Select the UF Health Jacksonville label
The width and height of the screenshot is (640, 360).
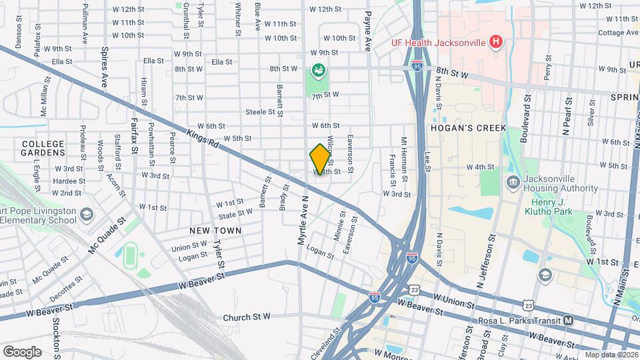[x=438, y=43]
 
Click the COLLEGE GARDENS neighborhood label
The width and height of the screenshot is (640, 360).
[x=43, y=148]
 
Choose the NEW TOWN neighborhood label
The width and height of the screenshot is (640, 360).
[x=215, y=230]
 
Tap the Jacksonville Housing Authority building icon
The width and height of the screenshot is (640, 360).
[x=513, y=183]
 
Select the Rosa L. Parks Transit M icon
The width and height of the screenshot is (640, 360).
[x=569, y=321]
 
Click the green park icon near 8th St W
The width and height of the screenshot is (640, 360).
[x=319, y=69]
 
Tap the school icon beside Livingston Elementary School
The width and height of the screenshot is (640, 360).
[x=86, y=215]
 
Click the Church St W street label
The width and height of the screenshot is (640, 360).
[x=247, y=317]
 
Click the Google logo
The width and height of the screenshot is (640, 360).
[x=22, y=351]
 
